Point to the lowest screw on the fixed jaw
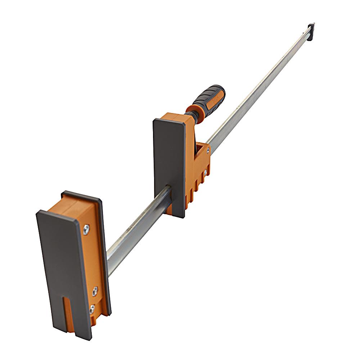(92, 308)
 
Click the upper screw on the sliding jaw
(208, 150)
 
